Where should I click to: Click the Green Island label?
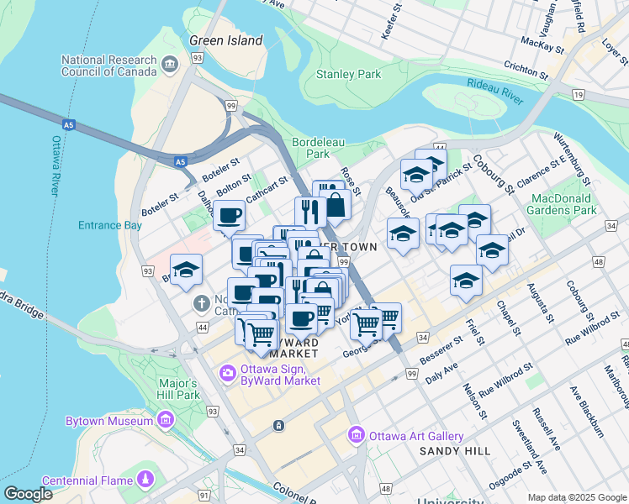(x=226, y=39)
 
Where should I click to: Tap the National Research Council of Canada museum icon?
(x=170, y=65)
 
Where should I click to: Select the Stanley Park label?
(x=348, y=75)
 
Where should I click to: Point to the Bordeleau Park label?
(x=317, y=148)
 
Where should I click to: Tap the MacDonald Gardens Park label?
(x=563, y=203)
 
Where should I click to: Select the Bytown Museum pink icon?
(x=165, y=419)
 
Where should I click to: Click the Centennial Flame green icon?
(x=146, y=479)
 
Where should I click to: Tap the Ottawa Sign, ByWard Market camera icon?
(x=227, y=372)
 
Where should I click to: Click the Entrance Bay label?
(x=110, y=225)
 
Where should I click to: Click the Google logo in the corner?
(x=28, y=494)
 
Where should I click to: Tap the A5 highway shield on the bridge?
(x=180, y=161)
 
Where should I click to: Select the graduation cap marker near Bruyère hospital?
(x=187, y=270)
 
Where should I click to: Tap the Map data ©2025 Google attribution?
(x=576, y=497)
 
